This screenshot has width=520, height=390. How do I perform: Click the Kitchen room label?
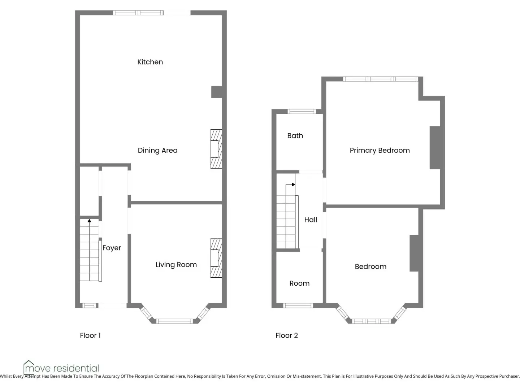tap(150, 62)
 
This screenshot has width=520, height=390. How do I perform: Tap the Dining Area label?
tap(157, 151)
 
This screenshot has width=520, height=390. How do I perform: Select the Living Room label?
tap(176, 265)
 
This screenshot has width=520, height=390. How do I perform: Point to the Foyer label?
tap(112, 248)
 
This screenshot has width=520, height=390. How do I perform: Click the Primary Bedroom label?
tap(380, 151)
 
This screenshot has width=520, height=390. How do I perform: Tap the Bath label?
tap(295, 136)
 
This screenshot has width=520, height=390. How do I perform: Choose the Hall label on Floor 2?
tap(311, 220)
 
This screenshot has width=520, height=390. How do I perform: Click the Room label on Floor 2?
tap(299, 283)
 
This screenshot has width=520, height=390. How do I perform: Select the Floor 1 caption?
tap(90, 335)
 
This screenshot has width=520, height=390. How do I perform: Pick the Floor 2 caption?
tap(287, 335)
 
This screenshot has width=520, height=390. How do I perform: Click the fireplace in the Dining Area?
tap(216, 149)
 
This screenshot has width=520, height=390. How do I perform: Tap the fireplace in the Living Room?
tap(216, 258)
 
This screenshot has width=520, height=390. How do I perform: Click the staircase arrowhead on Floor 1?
tap(89, 221)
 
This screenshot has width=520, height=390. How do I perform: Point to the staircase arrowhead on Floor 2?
tap(294, 185)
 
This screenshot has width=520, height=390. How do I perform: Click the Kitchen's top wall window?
tap(138, 13)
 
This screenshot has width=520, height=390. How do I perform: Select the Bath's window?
tap(302, 112)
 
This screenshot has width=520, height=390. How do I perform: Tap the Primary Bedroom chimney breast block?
tap(435, 148)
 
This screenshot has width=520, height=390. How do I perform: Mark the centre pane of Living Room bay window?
tap(174, 321)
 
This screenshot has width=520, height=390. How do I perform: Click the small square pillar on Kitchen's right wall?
tap(217, 92)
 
